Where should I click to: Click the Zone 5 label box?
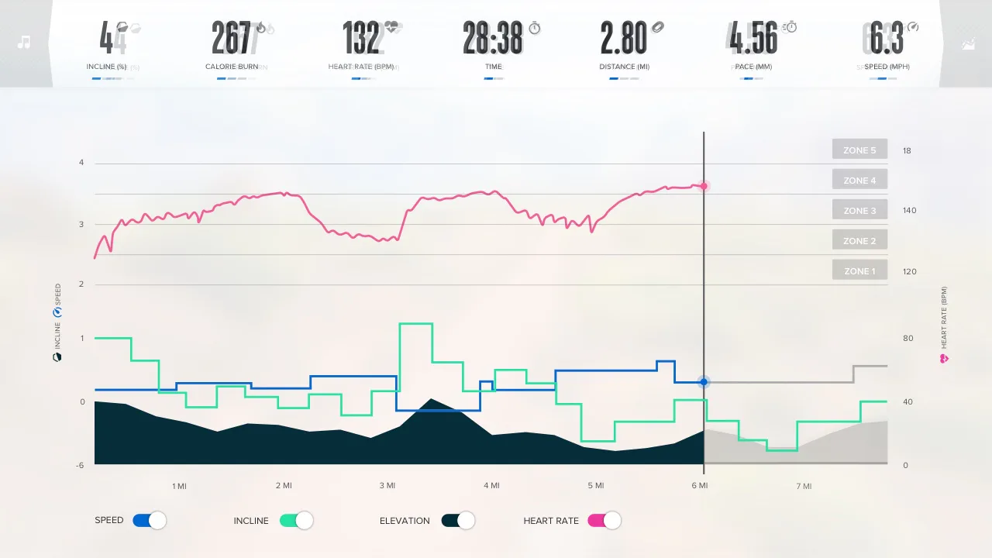point(859,150)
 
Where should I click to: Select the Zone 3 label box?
point(859,210)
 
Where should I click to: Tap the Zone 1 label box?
point(859,270)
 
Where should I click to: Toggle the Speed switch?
point(150,521)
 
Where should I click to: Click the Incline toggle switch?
point(296,521)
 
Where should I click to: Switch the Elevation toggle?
point(458,521)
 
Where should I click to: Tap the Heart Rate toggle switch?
point(604,521)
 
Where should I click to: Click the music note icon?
point(24,42)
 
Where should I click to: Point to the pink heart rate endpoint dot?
point(704,186)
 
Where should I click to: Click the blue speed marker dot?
point(704,382)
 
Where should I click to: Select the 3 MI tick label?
point(387,486)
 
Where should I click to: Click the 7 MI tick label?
point(804,487)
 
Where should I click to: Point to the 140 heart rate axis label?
point(909,211)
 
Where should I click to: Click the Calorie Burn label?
point(232,67)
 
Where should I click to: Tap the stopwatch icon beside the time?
point(535,29)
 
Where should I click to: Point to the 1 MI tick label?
point(179,487)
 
